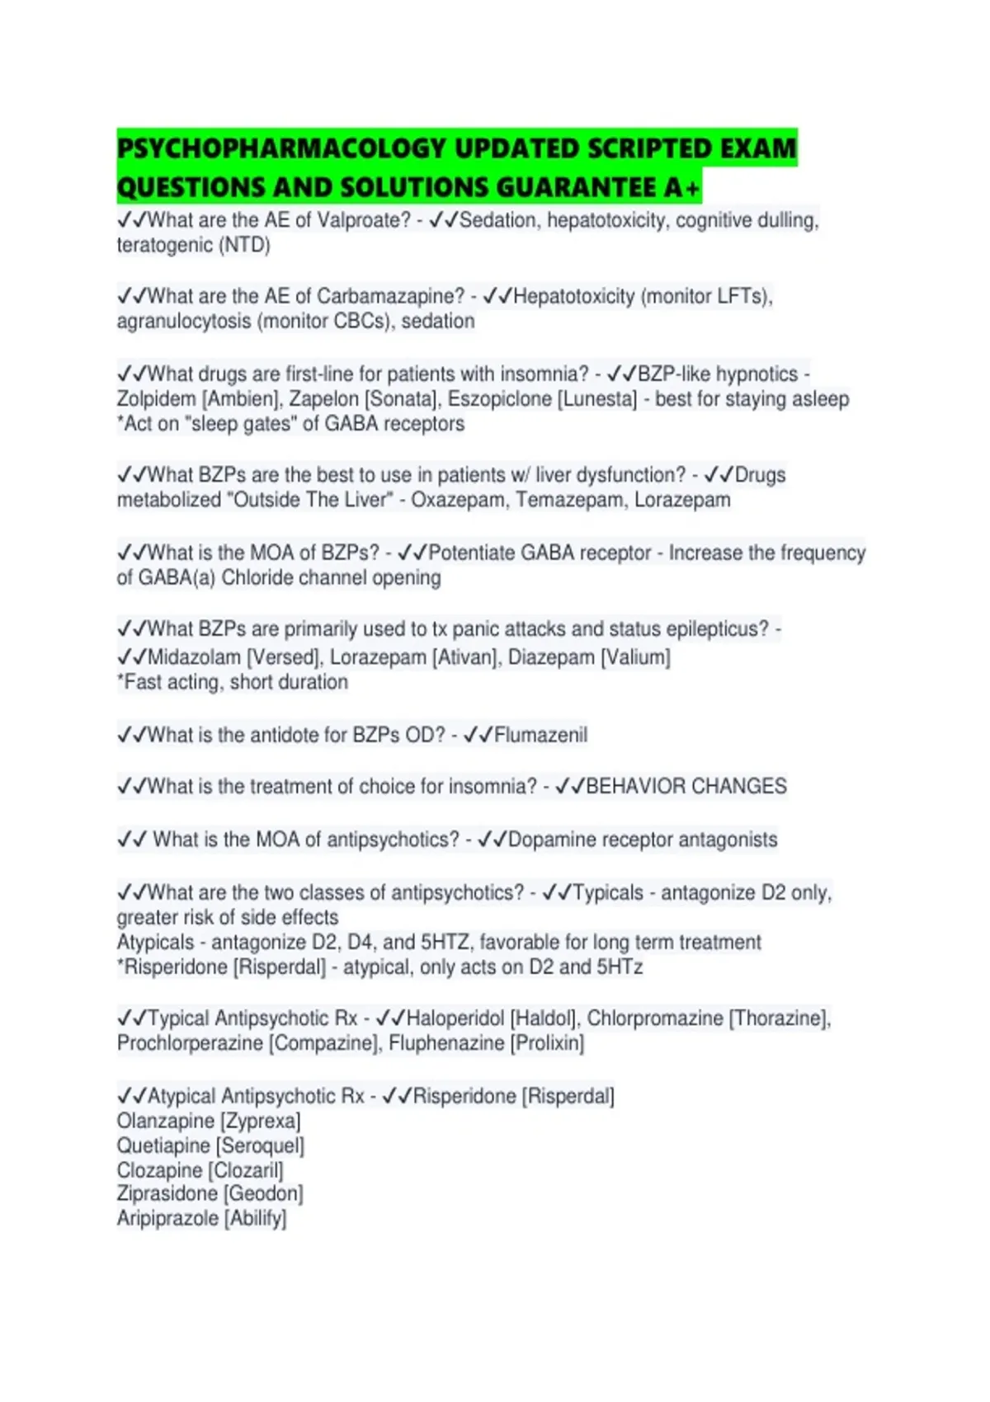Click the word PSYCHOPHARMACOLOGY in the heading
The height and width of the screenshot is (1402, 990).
(281, 148)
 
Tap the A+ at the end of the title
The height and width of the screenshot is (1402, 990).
(681, 188)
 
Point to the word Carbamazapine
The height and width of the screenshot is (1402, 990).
(391, 296)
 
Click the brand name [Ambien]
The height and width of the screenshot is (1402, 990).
(242, 399)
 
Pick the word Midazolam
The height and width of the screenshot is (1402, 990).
(195, 657)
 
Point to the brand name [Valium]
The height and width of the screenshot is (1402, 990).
(635, 657)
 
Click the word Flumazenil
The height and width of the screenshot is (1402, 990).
(540, 735)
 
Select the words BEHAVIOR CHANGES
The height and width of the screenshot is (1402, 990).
(686, 786)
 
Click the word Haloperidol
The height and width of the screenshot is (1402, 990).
(455, 1019)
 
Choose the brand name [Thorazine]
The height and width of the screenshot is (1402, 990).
(778, 1019)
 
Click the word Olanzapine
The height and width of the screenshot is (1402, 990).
(166, 1121)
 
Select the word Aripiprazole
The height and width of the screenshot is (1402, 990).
(167, 1218)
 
